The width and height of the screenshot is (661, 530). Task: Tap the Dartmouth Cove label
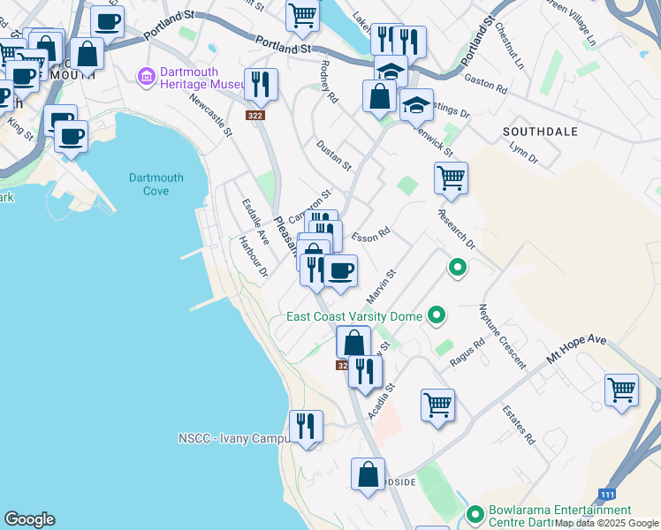pyautogui.click(x=156, y=184)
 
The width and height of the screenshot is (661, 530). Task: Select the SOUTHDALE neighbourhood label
pyautogui.click(x=540, y=132)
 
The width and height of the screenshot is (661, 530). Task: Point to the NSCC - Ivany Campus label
pyautogui.click(x=233, y=438)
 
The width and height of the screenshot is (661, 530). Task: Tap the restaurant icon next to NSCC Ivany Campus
pyautogui.click(x=306, y=427)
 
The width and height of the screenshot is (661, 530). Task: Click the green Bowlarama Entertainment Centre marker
pyautogui.click(x=475, y=512)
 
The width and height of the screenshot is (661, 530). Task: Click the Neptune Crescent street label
pyautogui.click(x=502, y=337)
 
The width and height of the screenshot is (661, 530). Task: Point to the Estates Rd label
pyautogui.click(x=519, y=425)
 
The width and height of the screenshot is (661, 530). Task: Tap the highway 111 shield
pyautogui.click(x=607, y=495)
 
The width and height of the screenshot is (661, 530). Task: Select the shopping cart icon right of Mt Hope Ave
pyautogui.click(x=621, y=390)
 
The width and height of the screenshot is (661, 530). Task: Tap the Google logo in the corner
pyautogui.click(x=29, y=519)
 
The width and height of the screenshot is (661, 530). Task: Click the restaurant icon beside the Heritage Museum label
pyautogui.click(x=261, y=85)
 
